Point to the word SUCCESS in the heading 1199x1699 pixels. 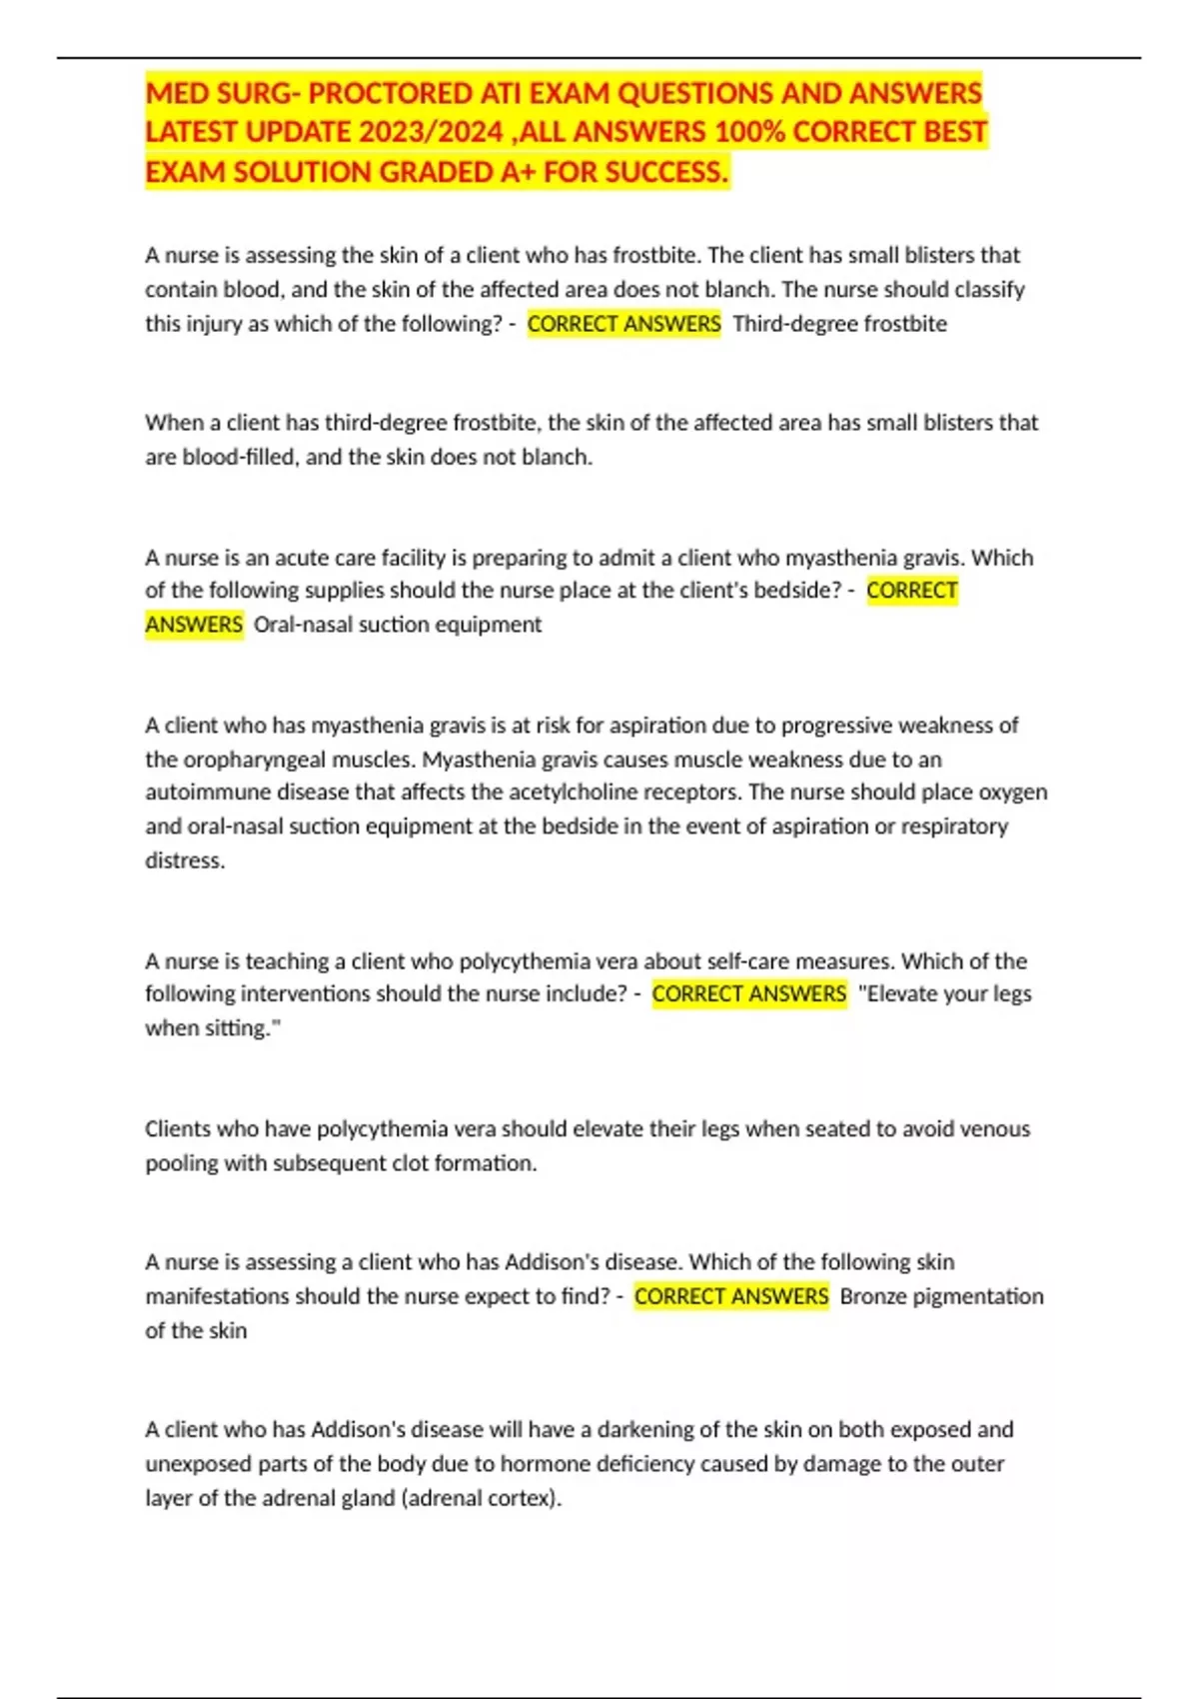(x=665, y=173)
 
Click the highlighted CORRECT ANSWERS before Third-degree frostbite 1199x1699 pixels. (x=623, y=324)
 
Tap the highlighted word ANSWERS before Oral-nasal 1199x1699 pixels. (x=194, y=625)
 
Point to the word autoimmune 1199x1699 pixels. (x=205, y=793)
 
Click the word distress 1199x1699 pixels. (x=184, y=860)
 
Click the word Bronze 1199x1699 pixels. (x=873, y=1296)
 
